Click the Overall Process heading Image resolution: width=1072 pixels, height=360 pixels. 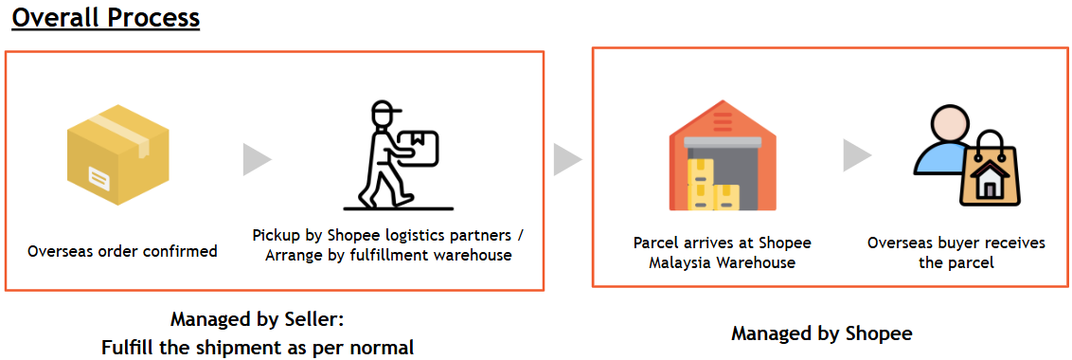105,18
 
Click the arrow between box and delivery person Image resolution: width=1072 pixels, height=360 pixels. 257,159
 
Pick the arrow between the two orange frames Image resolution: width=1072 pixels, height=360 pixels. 567,159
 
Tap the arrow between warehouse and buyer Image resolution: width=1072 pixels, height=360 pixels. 857,155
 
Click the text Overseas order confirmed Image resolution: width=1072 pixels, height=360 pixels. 122,251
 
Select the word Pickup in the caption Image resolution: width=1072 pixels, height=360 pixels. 277,235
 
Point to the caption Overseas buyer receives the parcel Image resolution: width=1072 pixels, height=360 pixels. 956,252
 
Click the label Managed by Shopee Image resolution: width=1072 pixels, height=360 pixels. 821,333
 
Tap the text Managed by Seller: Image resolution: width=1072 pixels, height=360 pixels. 257,318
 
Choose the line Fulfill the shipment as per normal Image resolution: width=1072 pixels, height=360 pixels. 257,348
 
